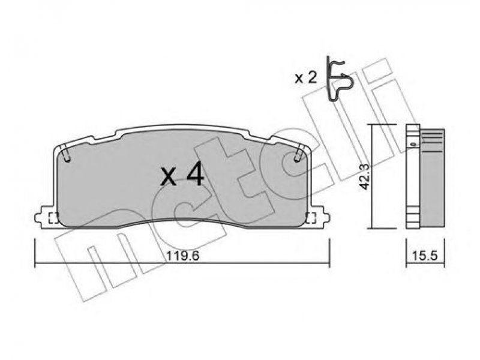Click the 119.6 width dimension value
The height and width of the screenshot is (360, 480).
182,256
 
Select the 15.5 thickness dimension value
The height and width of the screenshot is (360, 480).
425,256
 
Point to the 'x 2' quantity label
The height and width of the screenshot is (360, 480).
305,79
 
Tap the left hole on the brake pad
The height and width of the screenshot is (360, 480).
67,158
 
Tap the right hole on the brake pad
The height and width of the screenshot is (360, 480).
296,158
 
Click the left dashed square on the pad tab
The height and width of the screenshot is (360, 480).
53,218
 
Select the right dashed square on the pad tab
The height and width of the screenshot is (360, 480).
311,218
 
